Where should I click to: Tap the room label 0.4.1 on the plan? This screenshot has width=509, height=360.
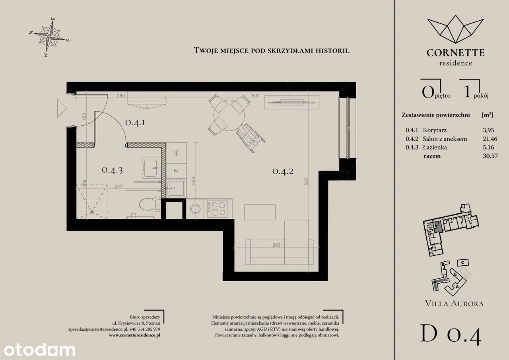tap(135, 123)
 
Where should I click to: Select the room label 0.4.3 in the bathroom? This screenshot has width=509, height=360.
tap(112, 170)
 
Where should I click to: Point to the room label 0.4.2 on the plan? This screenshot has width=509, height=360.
tap(283, 171)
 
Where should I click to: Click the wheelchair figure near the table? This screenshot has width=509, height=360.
tap(251, 138)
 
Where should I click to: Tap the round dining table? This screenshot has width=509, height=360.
tap(229, 115)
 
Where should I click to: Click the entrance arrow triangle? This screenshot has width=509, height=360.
tap(61, 109)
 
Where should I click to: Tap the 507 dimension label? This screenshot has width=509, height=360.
tap(255, 96)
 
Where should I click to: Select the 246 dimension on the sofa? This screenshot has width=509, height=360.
tap(276, 245)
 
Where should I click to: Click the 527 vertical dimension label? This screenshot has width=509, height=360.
tap(306, 181)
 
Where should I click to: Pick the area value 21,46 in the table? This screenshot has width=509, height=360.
tap(490, 139)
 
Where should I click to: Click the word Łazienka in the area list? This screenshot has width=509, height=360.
tap(435, 148)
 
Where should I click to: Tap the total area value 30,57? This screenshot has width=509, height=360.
tap(490, 156)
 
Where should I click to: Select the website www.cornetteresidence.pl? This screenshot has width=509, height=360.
tap(134, 335)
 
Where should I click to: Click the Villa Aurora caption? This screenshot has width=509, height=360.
tap(454, 304)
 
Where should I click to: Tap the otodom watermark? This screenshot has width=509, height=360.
tap(39, 350)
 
